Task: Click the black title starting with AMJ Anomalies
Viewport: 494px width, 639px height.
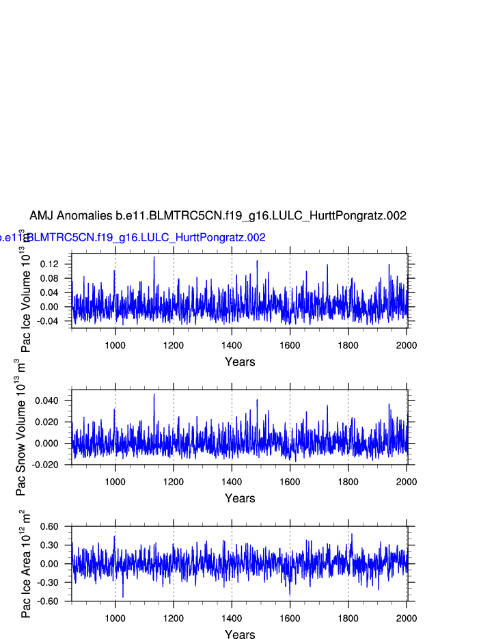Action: pyautogui.click(x=218, y=215)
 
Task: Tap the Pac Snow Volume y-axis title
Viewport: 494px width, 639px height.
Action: pyautogui.click(x=21, y=427)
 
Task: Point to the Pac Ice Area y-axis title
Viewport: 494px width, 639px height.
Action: pyautogui.click(x=26, y=564)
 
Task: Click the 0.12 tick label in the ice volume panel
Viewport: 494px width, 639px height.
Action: pyautogui.click(x=51, y=264)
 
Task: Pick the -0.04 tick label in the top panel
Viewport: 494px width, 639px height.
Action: pyautogui.click(x=49, y=321)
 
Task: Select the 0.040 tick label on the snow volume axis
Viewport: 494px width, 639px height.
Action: pyautogui.click(x=48, y=400)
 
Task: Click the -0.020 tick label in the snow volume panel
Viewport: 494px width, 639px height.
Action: pyautogui.click(x=46, y=465)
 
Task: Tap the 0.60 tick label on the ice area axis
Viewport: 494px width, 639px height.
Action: pyautogui.click(x=51, y=526)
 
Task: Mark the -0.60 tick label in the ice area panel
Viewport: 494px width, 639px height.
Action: pyautogui.click(x=49, y=601)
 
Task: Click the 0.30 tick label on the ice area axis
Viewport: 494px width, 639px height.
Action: pyautogui.click(x=51, y=545)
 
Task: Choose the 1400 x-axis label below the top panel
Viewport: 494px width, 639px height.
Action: pyautogui.click(x=232, y=345)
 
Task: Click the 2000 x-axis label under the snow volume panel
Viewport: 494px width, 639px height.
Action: pyautogui.click(x=407, y=482)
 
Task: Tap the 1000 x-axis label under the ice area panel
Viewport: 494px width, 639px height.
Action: pyautogui.click(x=115, y=618)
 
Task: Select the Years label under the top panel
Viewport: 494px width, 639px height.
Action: pyautogui.click(x=240, y=362)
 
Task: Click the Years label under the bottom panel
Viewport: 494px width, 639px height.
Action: pyautogui.click(x=240, y=635)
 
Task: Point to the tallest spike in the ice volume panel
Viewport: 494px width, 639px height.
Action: pyautogui.click(x=154, y=257)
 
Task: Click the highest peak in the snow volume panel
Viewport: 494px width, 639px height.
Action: pyautogui.click(x=154, y=394)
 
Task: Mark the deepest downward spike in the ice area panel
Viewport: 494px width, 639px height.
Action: pyautogui.click(x=123, y=596)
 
